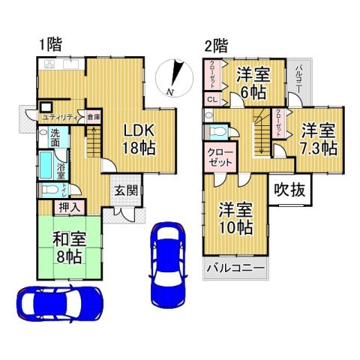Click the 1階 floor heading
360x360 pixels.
tap(49, 44)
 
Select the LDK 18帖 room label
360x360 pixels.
tap(139, 137)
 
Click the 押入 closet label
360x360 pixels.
tap(67, 205)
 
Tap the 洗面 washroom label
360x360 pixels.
tap(55, 137)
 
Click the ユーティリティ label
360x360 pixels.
tap(58, 118)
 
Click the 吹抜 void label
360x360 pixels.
tap(289, 190)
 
